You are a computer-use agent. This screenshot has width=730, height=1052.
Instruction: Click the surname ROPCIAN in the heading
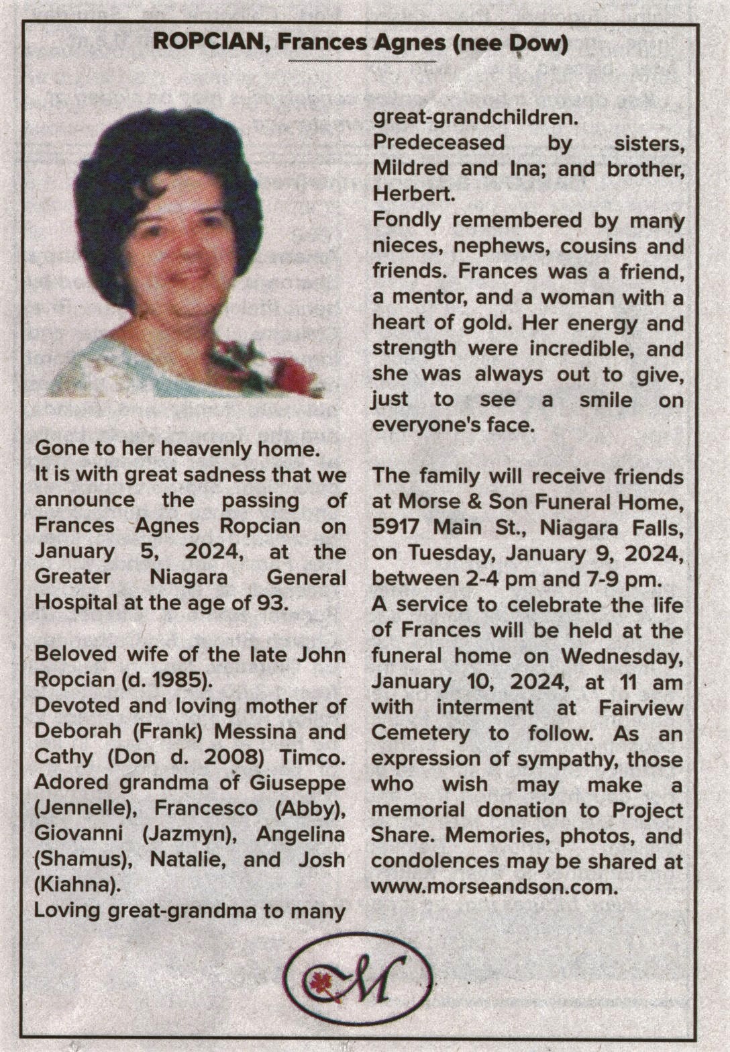[209, 43]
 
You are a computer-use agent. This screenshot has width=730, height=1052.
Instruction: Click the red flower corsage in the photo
[293, 375]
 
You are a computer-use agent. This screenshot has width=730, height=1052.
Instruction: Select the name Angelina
[301, 834]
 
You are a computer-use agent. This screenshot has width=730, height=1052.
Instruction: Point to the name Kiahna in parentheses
[78, 885]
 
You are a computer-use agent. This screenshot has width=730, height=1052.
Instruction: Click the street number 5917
[399, 528]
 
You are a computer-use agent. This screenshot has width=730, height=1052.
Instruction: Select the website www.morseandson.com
[493, 886]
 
